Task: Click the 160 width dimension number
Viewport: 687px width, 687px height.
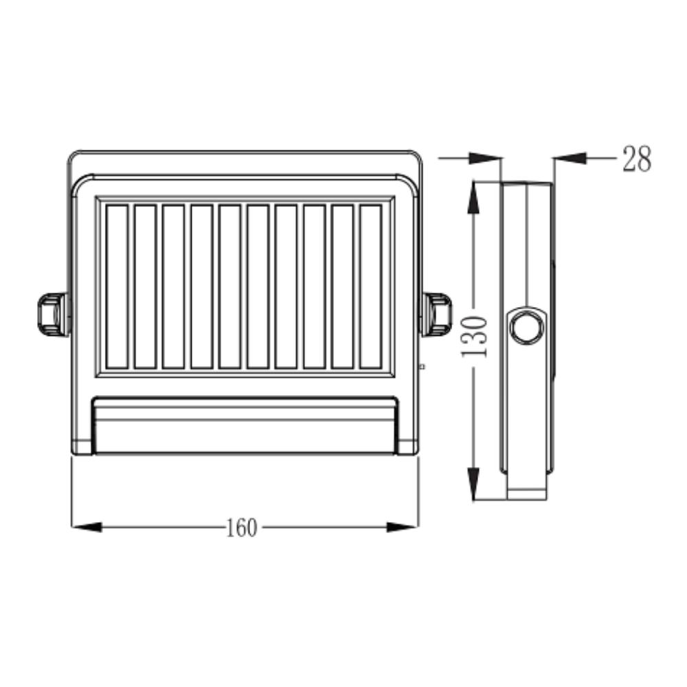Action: (x=241, y=528)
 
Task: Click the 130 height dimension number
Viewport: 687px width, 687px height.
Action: (x=475, y=337)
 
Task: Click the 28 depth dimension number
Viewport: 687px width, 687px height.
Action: (x=637, y=159)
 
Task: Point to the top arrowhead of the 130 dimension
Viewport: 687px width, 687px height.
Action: (x=473, y=197)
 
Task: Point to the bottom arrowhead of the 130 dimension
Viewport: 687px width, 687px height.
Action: (x=473, y=484)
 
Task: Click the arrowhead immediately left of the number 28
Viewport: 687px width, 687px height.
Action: (x=570, y=158)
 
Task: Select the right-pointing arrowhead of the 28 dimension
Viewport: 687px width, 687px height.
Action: (x=484, y=158)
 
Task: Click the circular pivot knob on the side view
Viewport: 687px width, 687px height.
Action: (x=528, y=327)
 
